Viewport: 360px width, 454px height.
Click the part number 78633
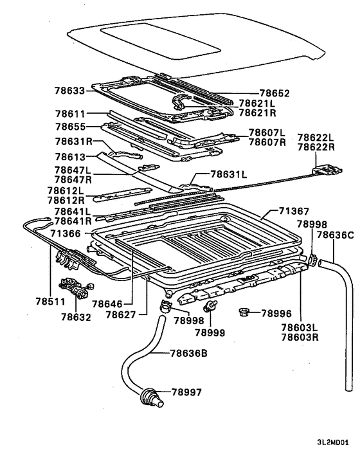pyautogui.click(x=69, y=91)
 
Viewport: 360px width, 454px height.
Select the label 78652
pyautogui.click(x=274, y=93)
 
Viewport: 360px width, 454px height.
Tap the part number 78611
pyautogui.click(x=70, y=114)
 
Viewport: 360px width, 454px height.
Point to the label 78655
pyautogui.click(x=71, y=127)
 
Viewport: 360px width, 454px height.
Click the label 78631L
pyautogui.click(x=229, y=175)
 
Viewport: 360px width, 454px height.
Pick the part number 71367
pyautogui.click(x=294, y=212)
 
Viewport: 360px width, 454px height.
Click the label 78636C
pyautogui.click(x=335, y=235)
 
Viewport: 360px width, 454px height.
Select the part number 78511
pyautogui.click(x=51, y=302)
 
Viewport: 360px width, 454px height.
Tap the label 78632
pyautogui.click(x=76, y=317)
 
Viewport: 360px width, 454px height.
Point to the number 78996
pyautogui.click(x=276, y=313)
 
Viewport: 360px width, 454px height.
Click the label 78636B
pyautogui.click(x=188, y=353)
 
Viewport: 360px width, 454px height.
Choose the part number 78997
pyautogui.click(x=186, y=392)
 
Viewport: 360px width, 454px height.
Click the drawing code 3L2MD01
pyautogui.click(x=333, y=442)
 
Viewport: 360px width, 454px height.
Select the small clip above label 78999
pyautogui.click(x=210, y=306)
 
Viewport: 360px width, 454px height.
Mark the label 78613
pyautogui.click(x=70, y=157)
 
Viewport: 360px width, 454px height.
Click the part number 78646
pyautogui.click(x=107, y=304)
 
